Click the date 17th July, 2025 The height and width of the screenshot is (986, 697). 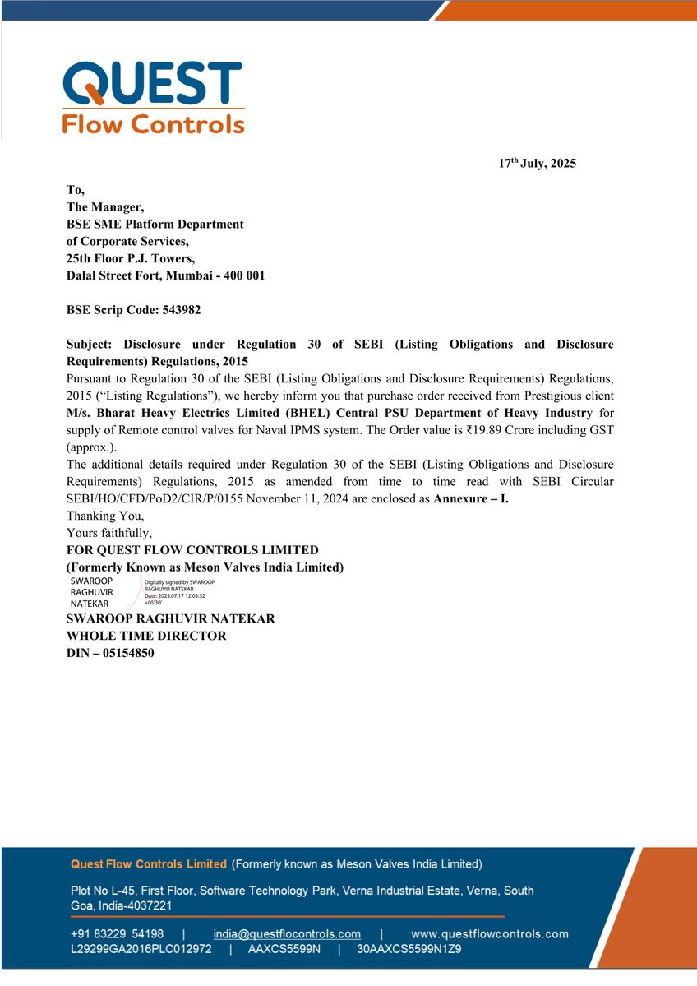(x=538, y=164)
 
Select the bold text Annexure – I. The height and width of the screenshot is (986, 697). (x=471, y=499)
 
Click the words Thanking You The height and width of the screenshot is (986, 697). (x=105, y=516)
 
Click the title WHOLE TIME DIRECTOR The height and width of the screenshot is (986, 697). (x=146, y=636)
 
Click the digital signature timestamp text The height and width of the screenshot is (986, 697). (x=174, y=596)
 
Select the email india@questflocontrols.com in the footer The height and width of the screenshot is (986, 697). (x=287, y=934)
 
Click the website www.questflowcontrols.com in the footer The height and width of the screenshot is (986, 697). (x=489, y=934)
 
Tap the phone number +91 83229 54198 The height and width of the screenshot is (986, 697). (x=118, y=934)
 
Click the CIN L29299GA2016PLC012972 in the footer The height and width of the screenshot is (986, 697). (x=141, y=949)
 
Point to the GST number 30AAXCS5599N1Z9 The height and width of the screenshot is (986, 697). (x=409, y=949)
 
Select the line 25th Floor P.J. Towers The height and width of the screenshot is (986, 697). (x=131, y=259)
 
